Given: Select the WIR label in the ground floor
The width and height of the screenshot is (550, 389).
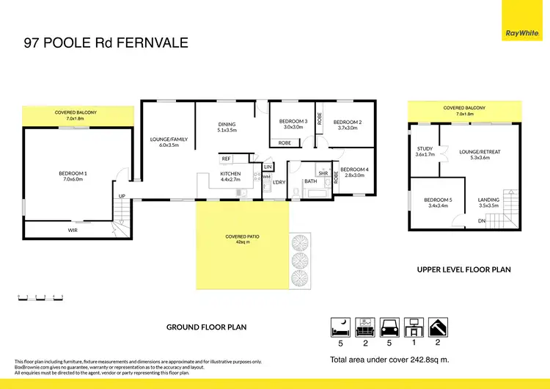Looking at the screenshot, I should click(73, 230).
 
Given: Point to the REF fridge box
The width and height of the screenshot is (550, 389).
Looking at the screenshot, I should click(226, 159).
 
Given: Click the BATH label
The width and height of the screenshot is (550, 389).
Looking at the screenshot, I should click(310, 181).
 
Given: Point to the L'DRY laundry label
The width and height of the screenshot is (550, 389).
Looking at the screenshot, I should click(279, 181).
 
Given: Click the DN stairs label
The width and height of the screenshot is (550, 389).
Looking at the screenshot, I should click(481, 220).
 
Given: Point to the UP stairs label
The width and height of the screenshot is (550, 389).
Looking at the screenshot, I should click(122, 196).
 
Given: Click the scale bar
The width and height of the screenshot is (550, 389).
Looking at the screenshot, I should click(40, 297).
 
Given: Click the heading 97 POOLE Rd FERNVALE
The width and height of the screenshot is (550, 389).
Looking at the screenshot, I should click(106, 43).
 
